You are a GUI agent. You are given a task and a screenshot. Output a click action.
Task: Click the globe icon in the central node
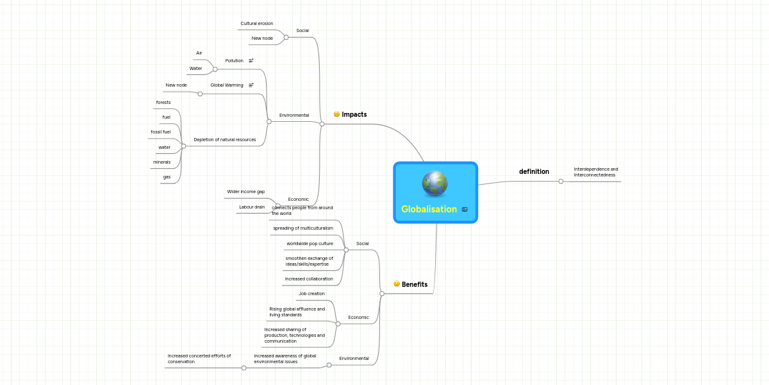tap(434, 184)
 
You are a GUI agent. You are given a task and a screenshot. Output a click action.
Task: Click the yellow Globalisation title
tap(429, 209)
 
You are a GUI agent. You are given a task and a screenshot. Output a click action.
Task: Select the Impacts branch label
tap(354, 114)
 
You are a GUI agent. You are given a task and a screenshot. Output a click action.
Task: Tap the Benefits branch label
tap(414, 284)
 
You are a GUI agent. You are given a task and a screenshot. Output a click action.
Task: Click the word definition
tap(534, 171)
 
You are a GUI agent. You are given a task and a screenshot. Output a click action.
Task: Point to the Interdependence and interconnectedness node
tap(596, 172)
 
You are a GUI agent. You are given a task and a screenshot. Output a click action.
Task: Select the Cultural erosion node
tap(256, 24)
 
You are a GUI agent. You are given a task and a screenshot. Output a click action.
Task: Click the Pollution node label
tap(234, 60)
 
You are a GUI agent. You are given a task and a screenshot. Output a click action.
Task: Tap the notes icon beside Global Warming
tap(251, 85)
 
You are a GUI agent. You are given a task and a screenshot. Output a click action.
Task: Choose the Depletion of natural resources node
tap(224, 139)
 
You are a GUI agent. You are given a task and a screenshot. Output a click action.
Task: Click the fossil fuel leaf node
tap(160, 132)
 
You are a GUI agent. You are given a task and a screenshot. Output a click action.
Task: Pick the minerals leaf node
tap(161, 162)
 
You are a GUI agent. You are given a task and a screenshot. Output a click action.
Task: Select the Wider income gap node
tap(245, 191)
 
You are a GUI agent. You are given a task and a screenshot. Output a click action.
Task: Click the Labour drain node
tap(251, 207)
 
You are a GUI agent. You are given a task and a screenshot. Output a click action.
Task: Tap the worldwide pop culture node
tap(310, 243)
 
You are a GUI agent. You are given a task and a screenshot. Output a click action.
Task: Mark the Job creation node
tap(311, 293)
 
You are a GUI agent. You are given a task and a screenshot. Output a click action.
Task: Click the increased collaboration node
tap(309, 278)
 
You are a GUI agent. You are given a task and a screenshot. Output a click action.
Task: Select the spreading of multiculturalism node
tap(303, 228)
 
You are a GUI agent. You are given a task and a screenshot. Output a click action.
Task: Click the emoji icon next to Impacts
tap(336, 114)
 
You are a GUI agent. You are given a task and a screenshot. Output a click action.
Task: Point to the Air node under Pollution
tap(199, 53)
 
